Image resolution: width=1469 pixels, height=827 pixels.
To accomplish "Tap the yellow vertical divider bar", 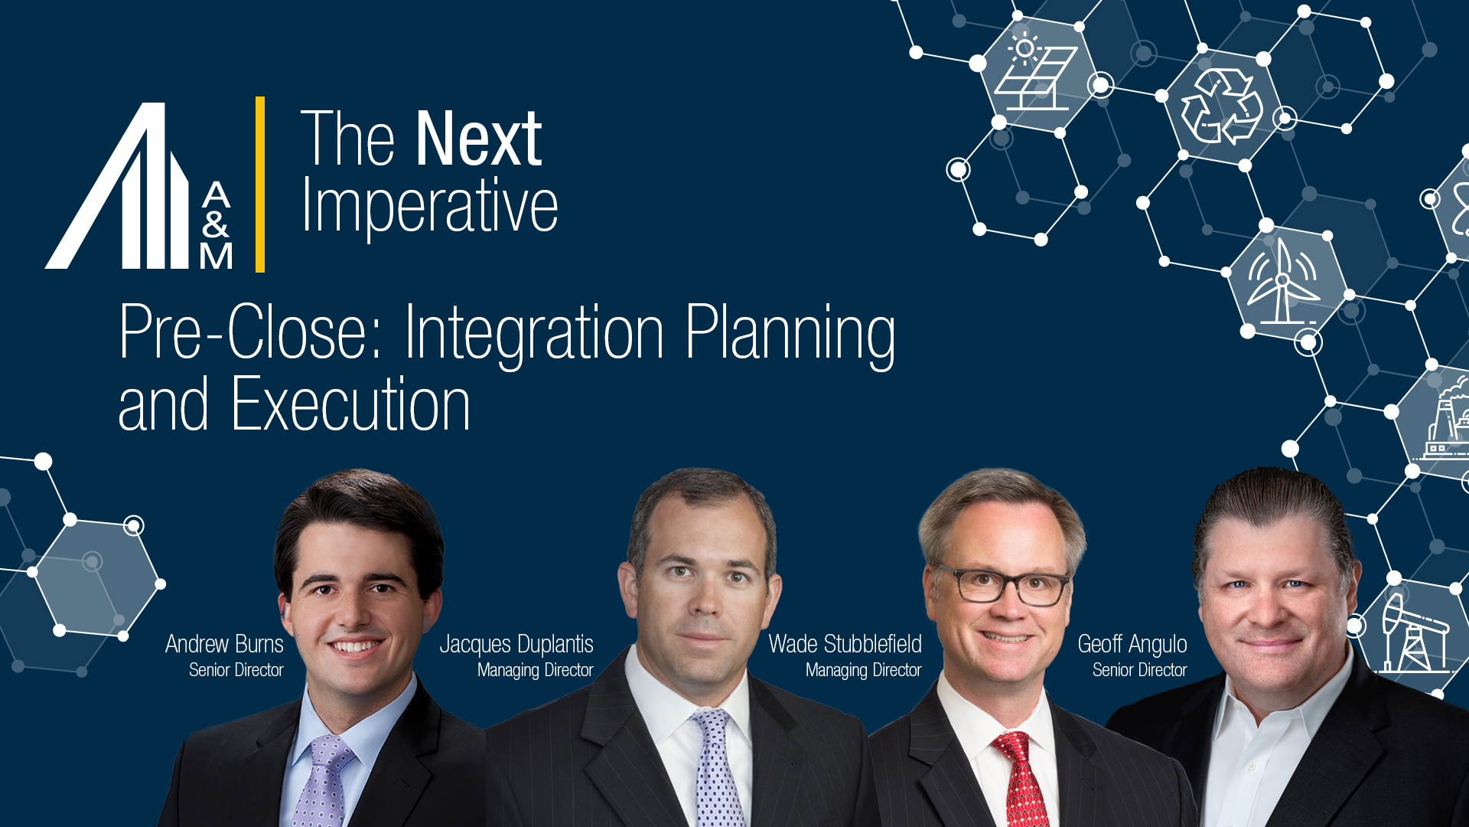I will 260,184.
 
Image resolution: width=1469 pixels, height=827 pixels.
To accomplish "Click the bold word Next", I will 479,139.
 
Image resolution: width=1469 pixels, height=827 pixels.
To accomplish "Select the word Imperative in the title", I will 430,205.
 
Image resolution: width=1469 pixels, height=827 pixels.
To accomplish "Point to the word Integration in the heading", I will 534,332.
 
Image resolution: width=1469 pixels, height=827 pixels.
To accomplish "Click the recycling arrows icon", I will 1221,107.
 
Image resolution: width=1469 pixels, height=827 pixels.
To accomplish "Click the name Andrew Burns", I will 224,644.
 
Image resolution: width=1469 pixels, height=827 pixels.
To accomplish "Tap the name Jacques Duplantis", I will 516,644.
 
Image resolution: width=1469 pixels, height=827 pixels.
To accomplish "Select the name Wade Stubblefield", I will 845,644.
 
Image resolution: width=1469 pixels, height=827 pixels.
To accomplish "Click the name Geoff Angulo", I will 1132,644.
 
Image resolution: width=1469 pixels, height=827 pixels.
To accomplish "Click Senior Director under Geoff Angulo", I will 1139,670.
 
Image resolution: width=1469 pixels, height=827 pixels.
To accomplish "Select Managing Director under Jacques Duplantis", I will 535,670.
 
